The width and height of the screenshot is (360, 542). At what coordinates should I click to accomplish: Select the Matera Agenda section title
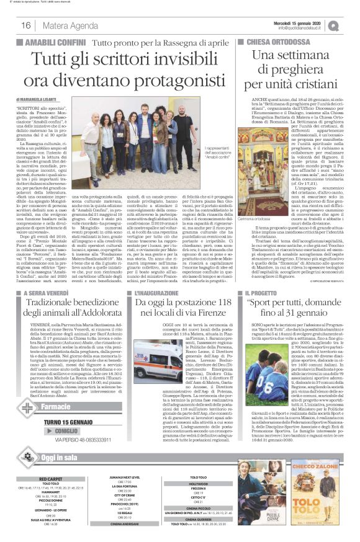pyautogui.click(x=65, y=25)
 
